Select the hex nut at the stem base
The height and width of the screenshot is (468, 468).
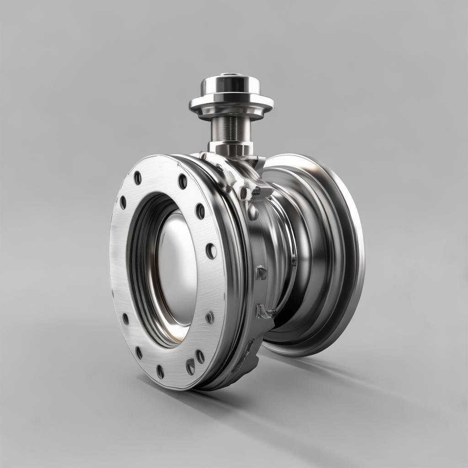231,148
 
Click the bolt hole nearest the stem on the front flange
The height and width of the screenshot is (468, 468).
182,181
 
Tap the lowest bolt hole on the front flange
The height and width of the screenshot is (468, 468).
160,371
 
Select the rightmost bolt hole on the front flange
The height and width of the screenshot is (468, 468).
211,250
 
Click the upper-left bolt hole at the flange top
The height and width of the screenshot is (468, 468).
138,178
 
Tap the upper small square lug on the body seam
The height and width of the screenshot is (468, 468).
261,273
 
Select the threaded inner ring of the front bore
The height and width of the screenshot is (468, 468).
137,274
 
